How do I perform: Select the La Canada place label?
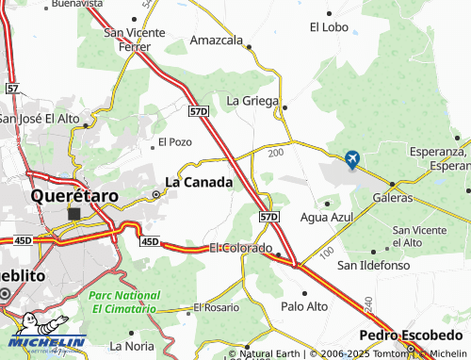tap(199, 182)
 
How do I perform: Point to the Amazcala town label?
tap(217, 41)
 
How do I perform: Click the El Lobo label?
tap(329, 27)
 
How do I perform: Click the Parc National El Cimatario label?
tap(122, 302)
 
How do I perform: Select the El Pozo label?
tap(175, 142)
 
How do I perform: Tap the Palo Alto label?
tap(304, 306)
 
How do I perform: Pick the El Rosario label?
tap(217, 307)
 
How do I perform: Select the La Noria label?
tap(132, 345)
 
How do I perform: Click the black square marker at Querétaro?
tap(74, 214)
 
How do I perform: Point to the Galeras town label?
tap(394, 198)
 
